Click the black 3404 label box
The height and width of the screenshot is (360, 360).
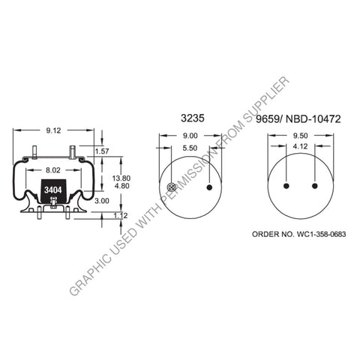tap(53, 190)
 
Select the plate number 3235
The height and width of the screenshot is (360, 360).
tap(189, 118)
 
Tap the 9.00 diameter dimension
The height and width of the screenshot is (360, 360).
tap(190, 136)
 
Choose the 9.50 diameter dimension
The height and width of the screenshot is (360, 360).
tap(301, 136)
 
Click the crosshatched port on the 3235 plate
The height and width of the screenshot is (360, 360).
tap(172, 187)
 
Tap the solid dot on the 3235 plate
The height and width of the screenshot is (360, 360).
tap(210, 187)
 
